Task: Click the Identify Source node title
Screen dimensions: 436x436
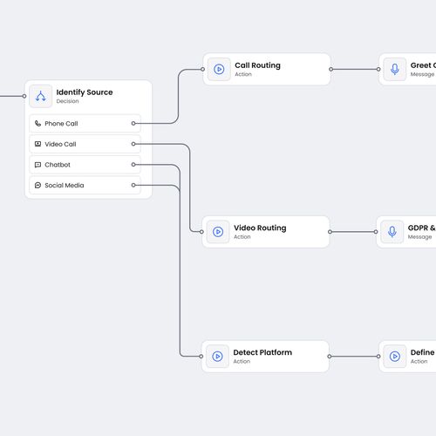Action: point(85,92)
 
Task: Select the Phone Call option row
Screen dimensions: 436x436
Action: point(84,124)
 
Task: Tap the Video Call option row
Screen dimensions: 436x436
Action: point(84,144)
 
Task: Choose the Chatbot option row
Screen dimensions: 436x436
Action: point(84,165)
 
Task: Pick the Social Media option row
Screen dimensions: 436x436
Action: point(84,185)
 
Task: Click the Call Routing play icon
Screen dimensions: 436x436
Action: point(219,69)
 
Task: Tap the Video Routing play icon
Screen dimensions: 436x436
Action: point(218,232)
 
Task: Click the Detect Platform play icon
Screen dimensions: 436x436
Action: point(217,356)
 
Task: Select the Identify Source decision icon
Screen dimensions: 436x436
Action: point(40,96)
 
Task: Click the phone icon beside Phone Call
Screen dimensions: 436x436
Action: point(37,124)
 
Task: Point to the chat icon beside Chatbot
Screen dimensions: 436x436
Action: point(37,165)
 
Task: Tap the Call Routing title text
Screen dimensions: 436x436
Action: point(257,65)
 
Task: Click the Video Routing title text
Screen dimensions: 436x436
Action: point(259,228)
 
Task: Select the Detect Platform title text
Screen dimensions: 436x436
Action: point(262,352)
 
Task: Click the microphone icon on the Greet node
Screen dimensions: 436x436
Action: point(395,69)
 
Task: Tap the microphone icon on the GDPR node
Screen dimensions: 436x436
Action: point(392,232)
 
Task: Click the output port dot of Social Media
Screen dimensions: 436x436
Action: point(133,185)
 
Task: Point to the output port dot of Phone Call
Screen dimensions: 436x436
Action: point(133,124)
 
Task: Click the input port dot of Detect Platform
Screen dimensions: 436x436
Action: point(202,356)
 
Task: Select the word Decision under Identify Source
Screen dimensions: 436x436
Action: point(67,102)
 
